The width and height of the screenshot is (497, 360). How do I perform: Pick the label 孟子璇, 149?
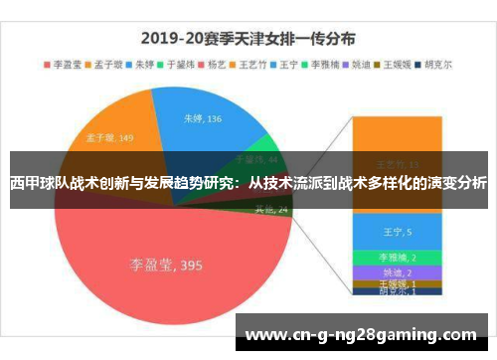(110, 138)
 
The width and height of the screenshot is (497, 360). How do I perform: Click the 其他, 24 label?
(271, 210)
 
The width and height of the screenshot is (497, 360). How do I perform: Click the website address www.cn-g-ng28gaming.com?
(363, 334)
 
